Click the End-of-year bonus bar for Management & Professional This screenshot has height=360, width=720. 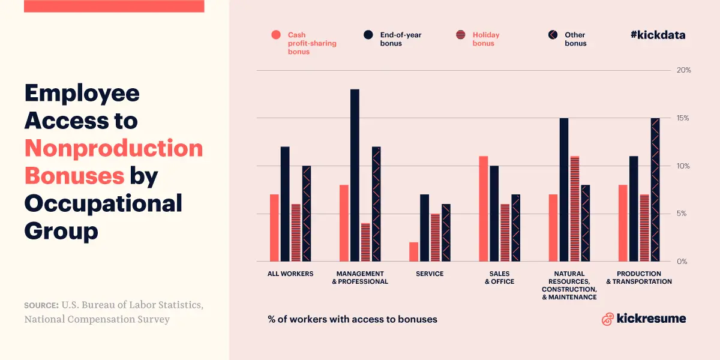[355, 175]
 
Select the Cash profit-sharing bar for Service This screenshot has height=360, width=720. [413, 252]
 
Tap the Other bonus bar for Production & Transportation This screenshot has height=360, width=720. [655, 190]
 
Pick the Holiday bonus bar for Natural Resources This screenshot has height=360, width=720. [575, 209]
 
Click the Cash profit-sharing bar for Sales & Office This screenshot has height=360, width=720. [483, 209]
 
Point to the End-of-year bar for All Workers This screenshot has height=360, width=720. [285, 204]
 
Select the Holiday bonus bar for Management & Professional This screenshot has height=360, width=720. [365, 242]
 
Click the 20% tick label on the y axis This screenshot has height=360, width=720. [683, 70]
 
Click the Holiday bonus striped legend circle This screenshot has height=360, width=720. [461, 35]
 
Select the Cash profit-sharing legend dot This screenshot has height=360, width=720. [276, 35]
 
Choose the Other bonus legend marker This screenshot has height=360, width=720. [553, 35]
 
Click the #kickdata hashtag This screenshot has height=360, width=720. [658, 35]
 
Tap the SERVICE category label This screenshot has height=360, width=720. [430, 274]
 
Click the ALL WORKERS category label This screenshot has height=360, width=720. [290, 274]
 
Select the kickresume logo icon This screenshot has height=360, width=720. [607, 319]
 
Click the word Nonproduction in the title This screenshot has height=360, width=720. [113, 148]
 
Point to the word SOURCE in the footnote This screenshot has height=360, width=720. [41, 305]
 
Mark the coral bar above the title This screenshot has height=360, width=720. [114, 6]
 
